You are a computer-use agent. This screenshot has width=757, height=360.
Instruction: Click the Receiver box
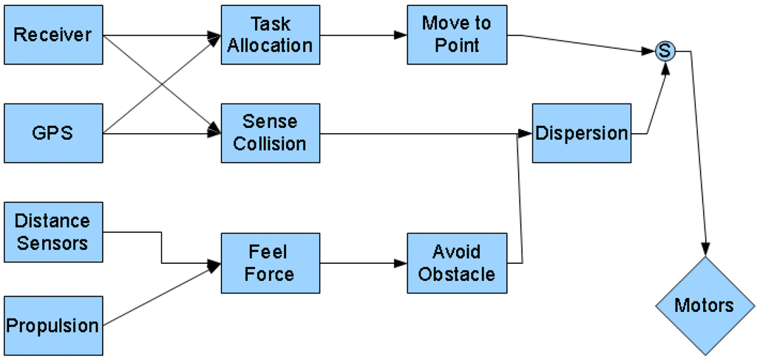click(x=53, y=35)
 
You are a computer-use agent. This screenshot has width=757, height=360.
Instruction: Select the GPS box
click(x=53, y=134)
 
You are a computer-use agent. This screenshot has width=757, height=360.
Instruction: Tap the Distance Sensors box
click(x=53, y=232)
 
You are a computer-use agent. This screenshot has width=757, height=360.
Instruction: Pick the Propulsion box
click(x=53, y=325)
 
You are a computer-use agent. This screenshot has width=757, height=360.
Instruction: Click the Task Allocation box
click(x=270, y=35)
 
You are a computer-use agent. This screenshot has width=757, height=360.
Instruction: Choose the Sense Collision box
click(x=270, y=133)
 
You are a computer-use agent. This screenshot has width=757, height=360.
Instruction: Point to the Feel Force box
click(x=270, y=262)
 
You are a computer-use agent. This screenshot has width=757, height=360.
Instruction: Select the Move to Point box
click(x=457, y=35)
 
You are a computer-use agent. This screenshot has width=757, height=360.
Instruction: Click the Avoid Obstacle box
click(x=457, y=262)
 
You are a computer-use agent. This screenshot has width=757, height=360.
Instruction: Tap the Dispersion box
click(x=582, y=133)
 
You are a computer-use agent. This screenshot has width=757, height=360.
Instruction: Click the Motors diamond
click(x=705, y=305)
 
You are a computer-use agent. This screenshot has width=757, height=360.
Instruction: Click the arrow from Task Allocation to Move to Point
click(x=363, y=35)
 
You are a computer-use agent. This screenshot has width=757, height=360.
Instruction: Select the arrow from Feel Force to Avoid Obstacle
click(x=363, y=262)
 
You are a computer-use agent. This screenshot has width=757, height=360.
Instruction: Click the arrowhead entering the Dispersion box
click(x=526, y=133)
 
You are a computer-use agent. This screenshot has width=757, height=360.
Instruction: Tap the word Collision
click(x=270, y=143)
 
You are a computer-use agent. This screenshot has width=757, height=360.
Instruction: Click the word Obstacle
click(x=457, y=274)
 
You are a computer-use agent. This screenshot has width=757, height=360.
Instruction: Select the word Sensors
click(x=52, y=243)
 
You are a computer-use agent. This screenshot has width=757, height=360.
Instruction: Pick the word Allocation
click(x=270, y=45)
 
